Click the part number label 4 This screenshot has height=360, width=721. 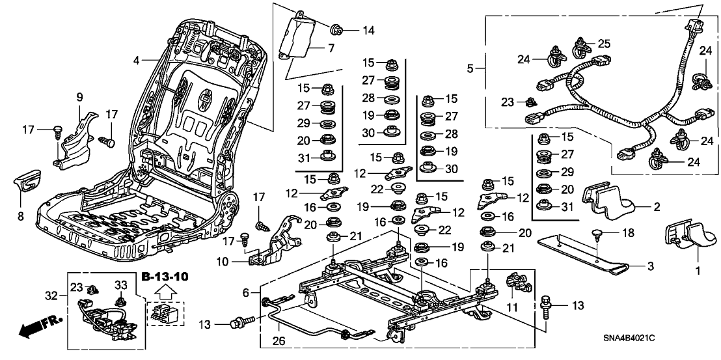[137, 61]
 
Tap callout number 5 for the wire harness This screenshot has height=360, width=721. [470, 67]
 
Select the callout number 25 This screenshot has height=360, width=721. [605, 44]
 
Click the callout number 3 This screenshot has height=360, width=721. [651, 266]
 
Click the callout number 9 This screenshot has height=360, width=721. [80, 98]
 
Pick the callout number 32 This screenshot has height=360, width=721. [50, 295]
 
